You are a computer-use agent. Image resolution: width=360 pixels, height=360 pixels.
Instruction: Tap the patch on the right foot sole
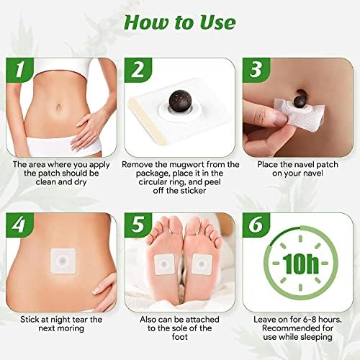coord(199,265)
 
